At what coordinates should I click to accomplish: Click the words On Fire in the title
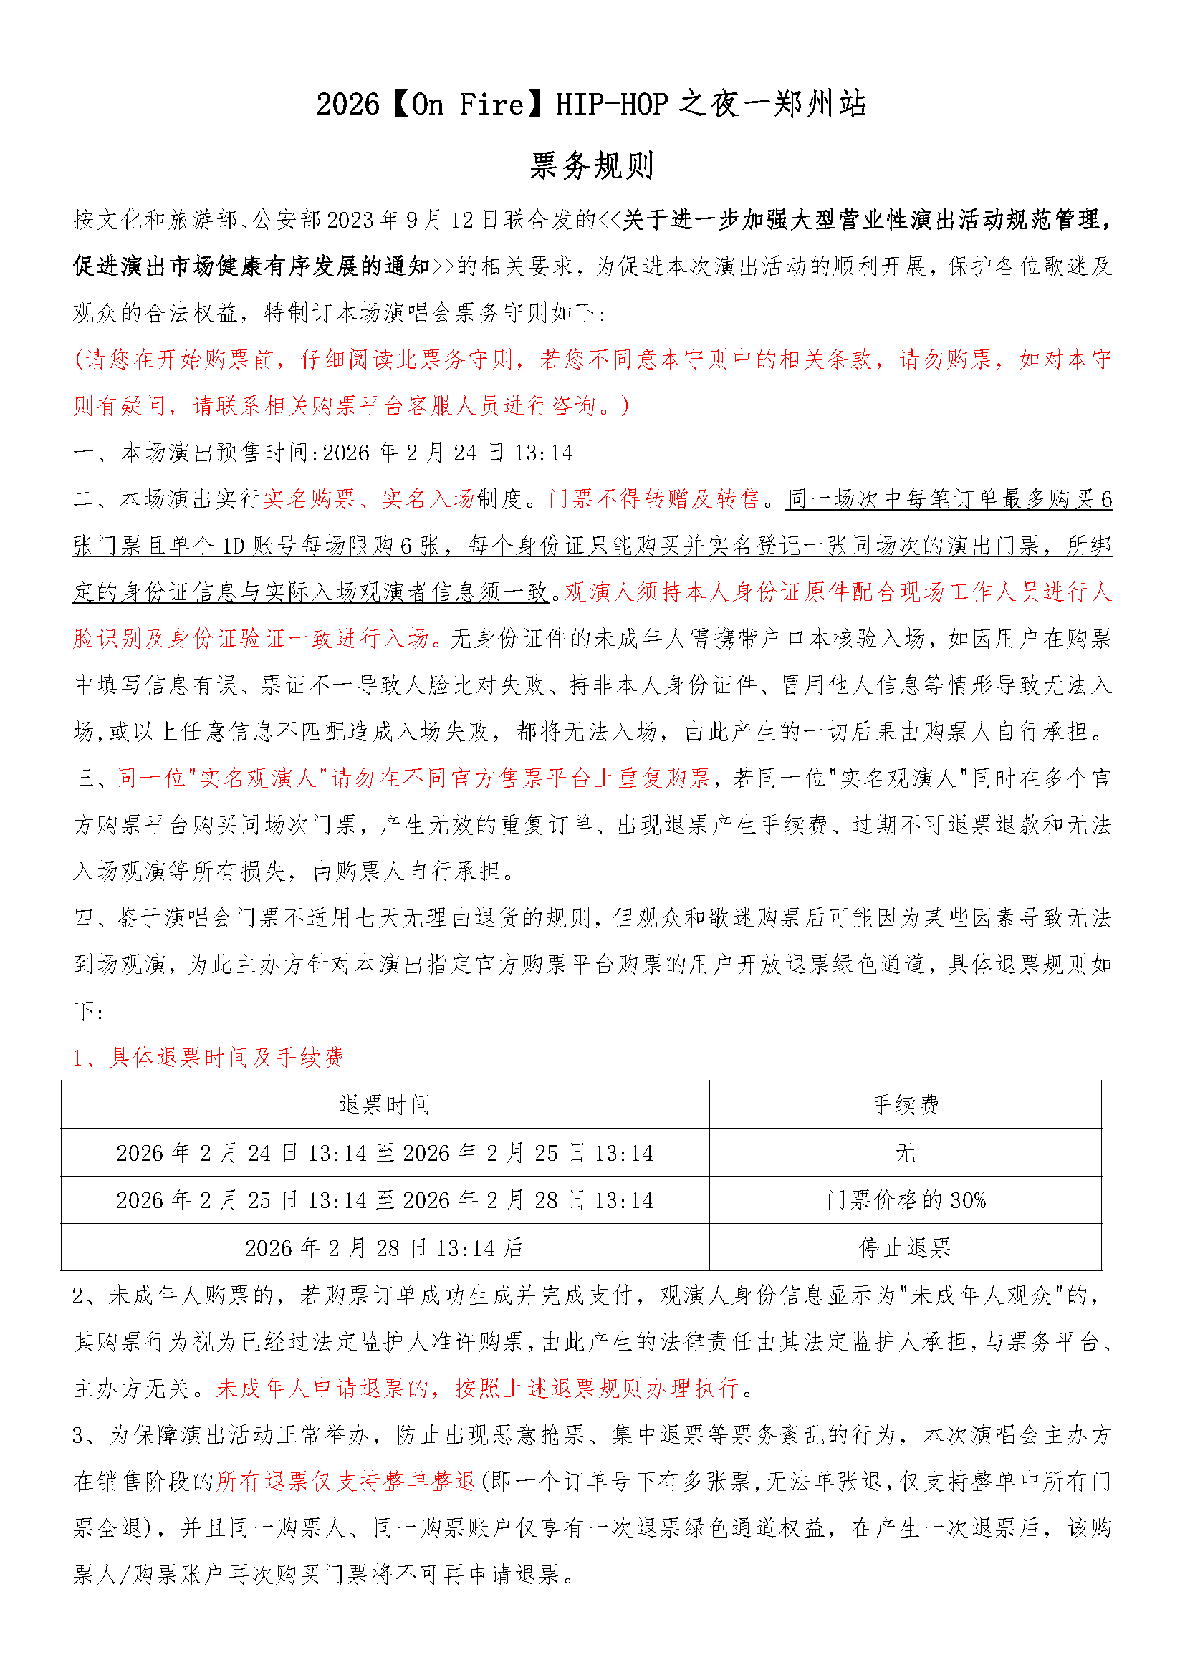(x=468, y=105)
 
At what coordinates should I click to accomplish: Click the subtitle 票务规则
(x=592, y=166)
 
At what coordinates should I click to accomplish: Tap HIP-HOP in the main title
(x=611, y=105)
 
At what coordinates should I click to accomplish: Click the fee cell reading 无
(x=905, y=1154)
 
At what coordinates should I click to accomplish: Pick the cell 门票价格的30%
(x=906, y=1201)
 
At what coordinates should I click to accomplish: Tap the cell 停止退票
(x=905, y=1248)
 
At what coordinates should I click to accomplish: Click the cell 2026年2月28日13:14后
(x=385, y=1248)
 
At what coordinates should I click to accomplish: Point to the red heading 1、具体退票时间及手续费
(x=208, y=1058)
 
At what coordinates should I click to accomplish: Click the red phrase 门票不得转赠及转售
(x=655, y=500)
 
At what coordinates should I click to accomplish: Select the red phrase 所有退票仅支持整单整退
(x=346, y=1482)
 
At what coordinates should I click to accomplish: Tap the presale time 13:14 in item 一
(x=544, y=453)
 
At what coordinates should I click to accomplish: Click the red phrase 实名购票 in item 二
(x=310, y=500)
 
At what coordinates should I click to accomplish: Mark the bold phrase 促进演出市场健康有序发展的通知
(x=251, y=267)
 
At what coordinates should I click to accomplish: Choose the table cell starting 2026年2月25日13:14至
(x=385, y=1201)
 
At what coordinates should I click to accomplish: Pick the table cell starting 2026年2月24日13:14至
(x=385, y=1154)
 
